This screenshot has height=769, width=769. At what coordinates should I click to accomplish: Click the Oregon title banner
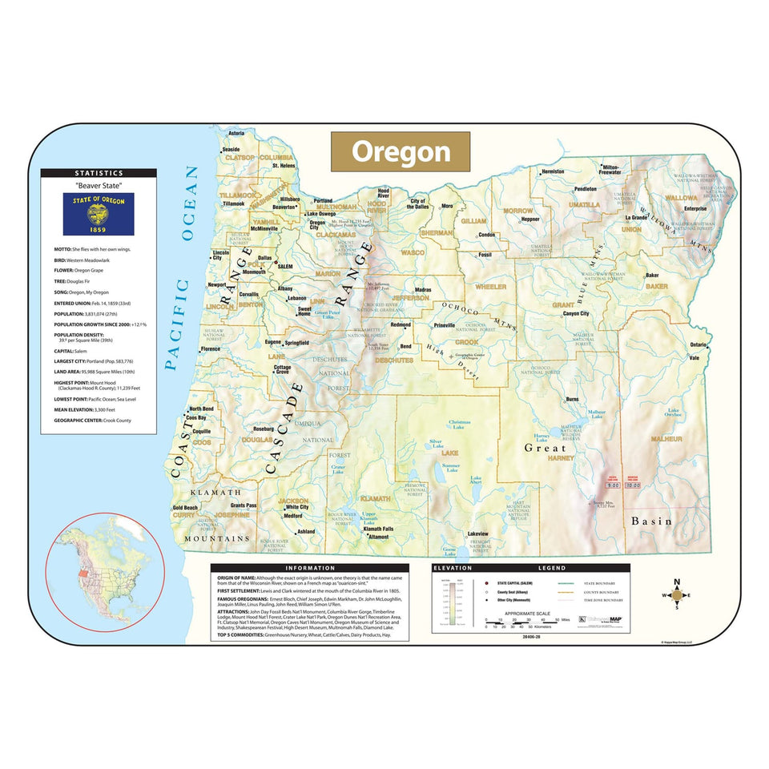[x=401, y=151]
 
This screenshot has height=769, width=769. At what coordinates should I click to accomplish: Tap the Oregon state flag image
[x=99, y=214]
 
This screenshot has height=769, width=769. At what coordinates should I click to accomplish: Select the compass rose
[x=678, y=595]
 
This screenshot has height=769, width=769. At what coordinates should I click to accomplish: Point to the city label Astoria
[x=236, y=133]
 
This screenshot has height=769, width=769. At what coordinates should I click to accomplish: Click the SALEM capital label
[x=286, y=266]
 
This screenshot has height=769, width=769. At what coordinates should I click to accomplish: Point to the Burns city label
[x=572, y=399]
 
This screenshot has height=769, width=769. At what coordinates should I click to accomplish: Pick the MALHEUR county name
[x=666, y=440]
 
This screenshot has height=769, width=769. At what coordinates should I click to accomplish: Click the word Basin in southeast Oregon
[x=652, y=521]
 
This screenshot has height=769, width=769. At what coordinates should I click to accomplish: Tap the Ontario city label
[x=699, y=344]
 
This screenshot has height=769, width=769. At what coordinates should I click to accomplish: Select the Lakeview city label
[x=477, y=534]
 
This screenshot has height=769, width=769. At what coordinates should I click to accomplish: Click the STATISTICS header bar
[x=99, y=173]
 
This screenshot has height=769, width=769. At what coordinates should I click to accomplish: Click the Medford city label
[x=293, y=517]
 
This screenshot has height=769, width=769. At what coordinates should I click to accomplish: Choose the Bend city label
[x=405, y=346]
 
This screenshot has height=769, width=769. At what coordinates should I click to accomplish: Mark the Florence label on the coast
[x=211, y=349]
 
